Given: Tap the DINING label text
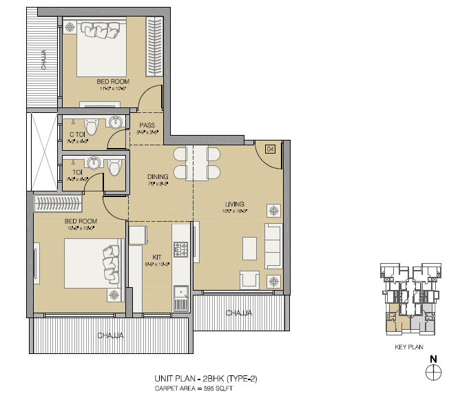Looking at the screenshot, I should click(158, 176).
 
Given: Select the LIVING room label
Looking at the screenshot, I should click(236, 203).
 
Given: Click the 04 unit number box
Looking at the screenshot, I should click(270, 149).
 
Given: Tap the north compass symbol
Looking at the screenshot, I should click(433, 372).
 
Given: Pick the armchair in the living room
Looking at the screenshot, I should click(249, 279).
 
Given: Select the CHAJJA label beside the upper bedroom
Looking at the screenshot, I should click(43, 60).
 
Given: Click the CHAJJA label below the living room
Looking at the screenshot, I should click(239, 313).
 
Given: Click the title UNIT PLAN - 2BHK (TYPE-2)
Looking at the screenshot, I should click(207, 379).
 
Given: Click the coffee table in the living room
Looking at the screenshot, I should click(249, 246).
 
